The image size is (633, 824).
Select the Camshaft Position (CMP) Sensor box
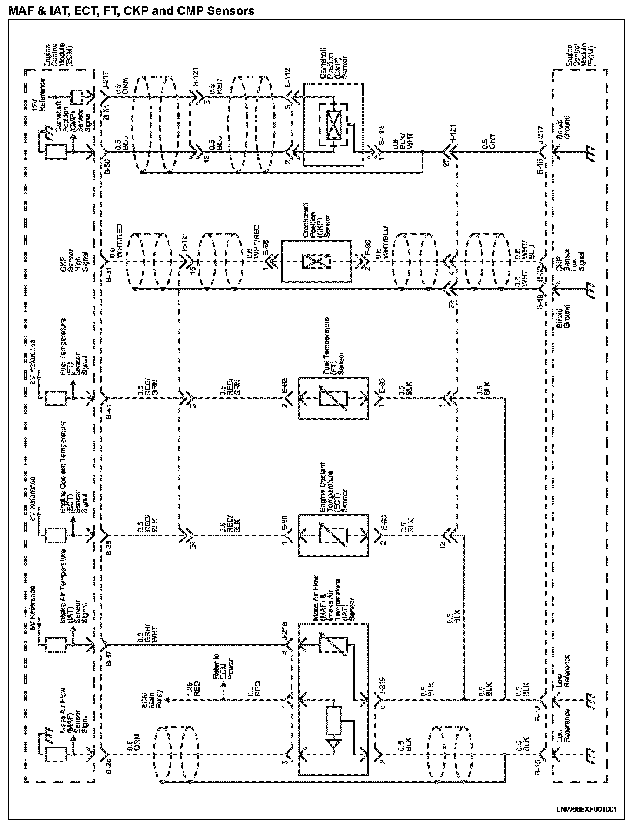point(333,124)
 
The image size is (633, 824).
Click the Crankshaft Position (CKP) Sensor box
point(316,261)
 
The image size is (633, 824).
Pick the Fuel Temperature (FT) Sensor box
point(333,398)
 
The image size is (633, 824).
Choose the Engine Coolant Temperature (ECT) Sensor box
point(333,535)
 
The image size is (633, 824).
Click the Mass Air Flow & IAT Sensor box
point(333,700)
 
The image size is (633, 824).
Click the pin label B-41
point(109,410)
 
